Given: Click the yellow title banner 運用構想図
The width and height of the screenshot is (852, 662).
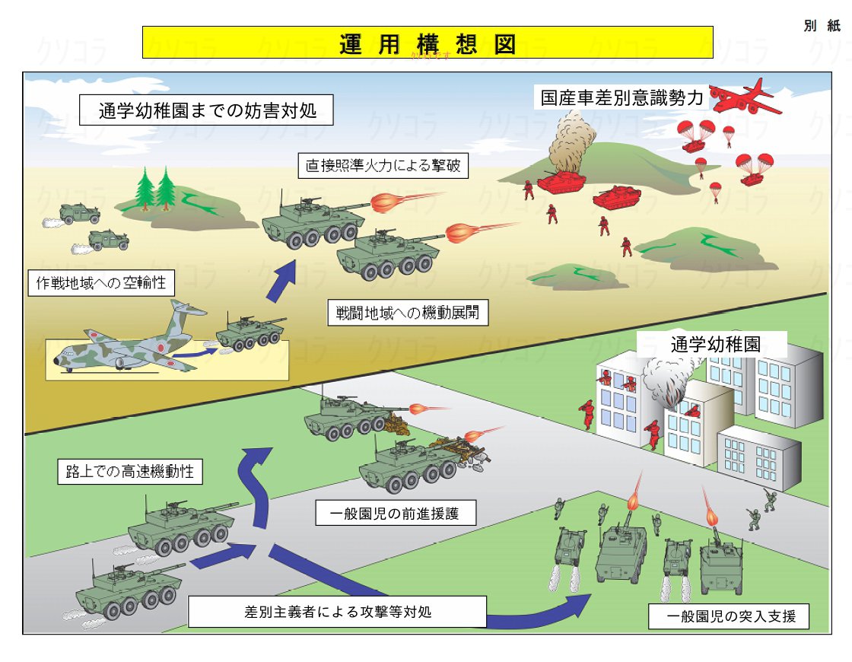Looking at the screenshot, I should coord(428,43).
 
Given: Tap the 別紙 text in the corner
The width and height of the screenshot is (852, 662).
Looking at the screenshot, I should coord(822,25).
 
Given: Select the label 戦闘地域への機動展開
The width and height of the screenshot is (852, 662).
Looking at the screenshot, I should coord(408,313).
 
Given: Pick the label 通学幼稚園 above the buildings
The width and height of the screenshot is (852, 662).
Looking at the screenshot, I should coord(715,343).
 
